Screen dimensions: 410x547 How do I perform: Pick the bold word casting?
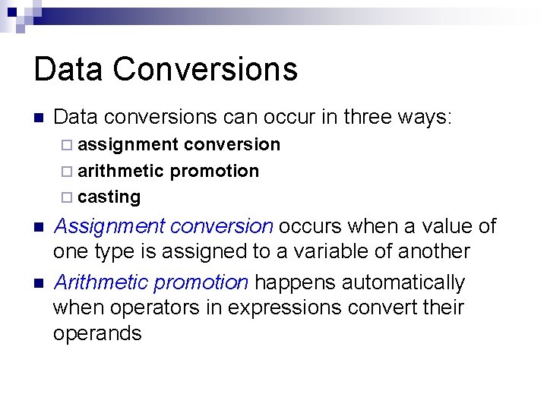[109, 197]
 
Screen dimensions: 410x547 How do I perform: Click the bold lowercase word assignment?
[128, 145]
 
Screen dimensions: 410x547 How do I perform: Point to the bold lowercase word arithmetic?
[121, 171]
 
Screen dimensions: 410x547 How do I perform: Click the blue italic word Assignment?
[111, 226]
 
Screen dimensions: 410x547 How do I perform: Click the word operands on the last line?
[97, 334]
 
